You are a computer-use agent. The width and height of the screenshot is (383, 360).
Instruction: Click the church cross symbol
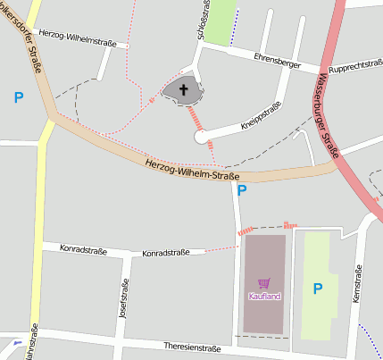(x=185, y=89)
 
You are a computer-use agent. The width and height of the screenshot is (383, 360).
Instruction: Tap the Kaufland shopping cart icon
(x=263, y=282)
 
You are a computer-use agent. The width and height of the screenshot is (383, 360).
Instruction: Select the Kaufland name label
(x=263, y=296)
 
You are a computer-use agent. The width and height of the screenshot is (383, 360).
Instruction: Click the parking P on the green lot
(x=317, y=289)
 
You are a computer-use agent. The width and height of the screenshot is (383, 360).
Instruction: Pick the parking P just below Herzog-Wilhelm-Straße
(x=242, y=190)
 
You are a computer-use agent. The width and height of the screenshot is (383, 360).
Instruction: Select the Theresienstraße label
(x=192, y=347)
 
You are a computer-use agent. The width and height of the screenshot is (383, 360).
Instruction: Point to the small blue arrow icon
(x=17, y=342)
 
